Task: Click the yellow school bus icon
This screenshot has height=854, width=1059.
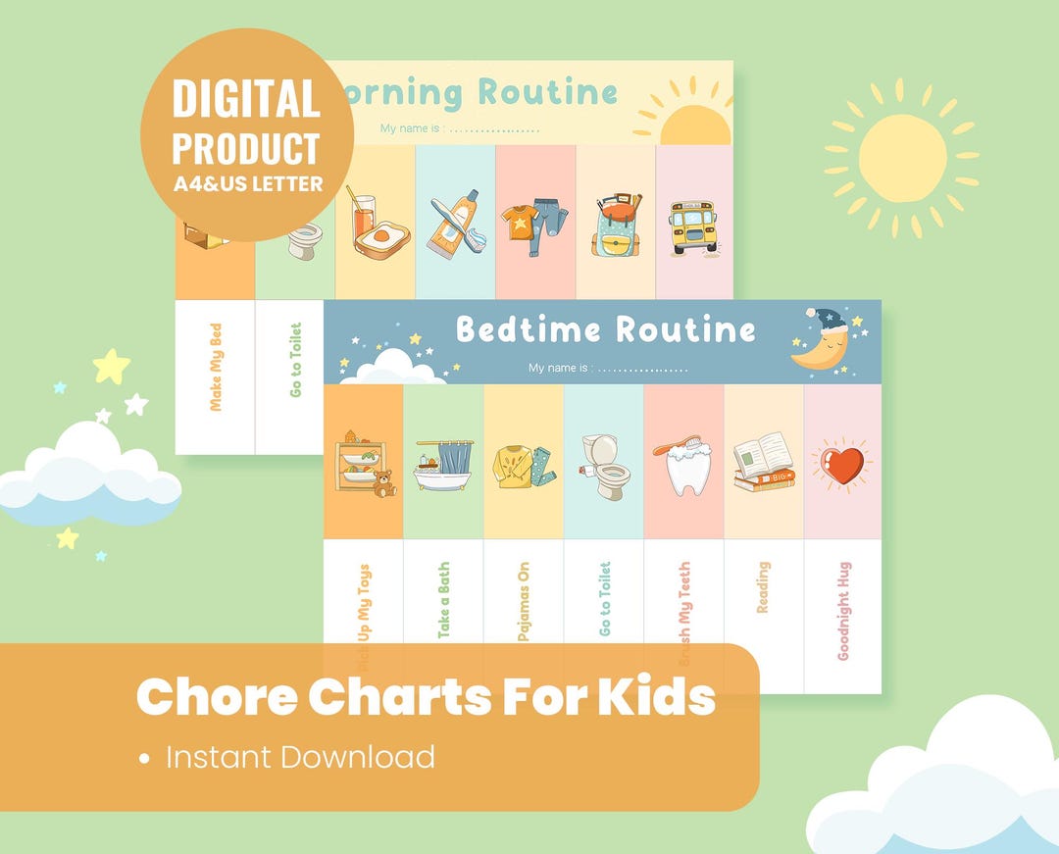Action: click(693, 227)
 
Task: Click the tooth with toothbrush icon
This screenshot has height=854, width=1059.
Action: click(683, 467)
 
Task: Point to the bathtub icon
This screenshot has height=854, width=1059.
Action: click(443, 465)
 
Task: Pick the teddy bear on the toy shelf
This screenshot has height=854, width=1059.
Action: click(383, 483)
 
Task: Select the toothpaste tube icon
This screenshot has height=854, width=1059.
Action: click(454, 225)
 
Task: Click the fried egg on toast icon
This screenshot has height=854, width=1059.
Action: click(381, 236)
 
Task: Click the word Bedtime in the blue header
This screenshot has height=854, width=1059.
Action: click(526, 329)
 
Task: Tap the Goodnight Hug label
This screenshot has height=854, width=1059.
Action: click(843, 611)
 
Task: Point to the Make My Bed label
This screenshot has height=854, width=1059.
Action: click(216, 368)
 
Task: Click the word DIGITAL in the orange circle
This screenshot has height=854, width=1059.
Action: click(246, 99)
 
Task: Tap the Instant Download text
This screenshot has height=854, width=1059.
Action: click(300, 757)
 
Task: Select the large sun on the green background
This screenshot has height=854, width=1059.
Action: click(902, 158)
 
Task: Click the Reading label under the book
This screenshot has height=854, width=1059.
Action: click(763, 587)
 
